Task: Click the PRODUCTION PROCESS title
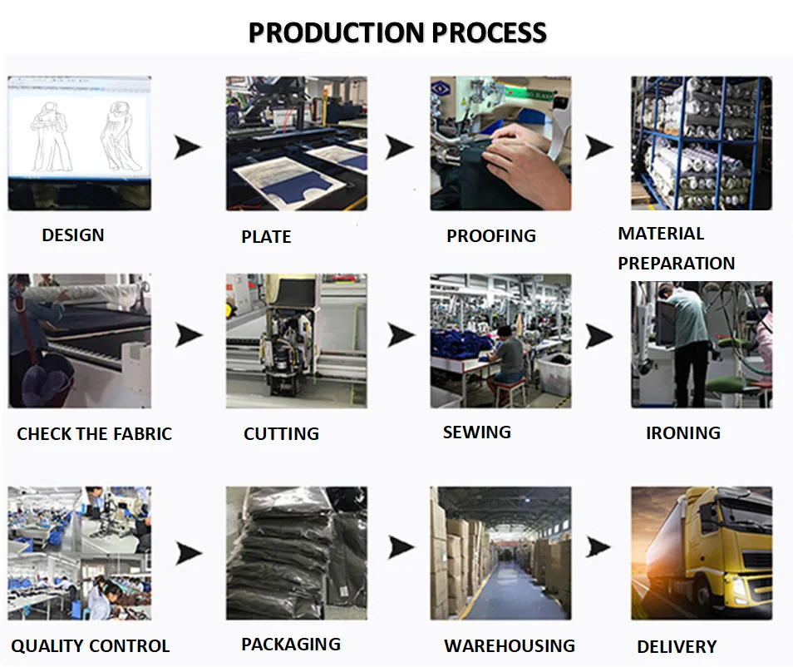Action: pyautogui.click(x=397, y=33)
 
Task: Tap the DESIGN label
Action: pyautogui.click(x=73, y=235)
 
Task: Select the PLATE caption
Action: pyautogui.click(x=266, y=237)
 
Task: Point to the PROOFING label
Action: pyautogui.click(x=490, y=236)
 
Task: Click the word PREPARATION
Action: pyautogui.click(x=676, y=264)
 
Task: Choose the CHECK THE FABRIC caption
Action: pyautogui.click(x=94, y=434)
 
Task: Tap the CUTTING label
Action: pyautogui.click(x=281, y=434)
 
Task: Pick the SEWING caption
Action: pyautogui.click(x=476, y=432)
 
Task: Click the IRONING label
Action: pyautogui.click(x=682, y=433)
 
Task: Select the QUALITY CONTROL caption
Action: pyautogui.click(x=90, y=646)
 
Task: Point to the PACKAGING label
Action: pyautogui.click(x=290, y=645)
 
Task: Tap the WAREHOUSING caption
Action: pyautogui.click(x=509, y=646)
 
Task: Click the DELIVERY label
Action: pyautogui.click(x=676, y=647)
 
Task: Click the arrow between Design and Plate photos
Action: pyautogui.click(x=188, y=148)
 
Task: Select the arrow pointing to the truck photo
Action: pyautogui.click(x=598, y=546)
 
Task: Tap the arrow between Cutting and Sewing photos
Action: pyautogui.click(x=401, y=336)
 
